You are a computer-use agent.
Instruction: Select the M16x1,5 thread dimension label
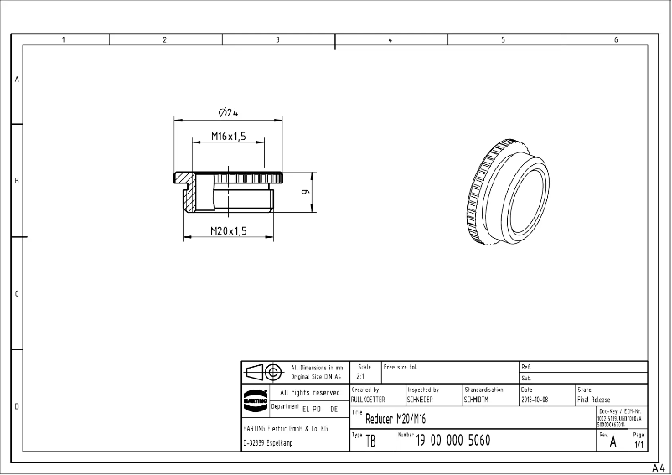point(228,136)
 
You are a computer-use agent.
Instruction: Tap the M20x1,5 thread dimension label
point(228,231)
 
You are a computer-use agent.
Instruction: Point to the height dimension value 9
point(307,193)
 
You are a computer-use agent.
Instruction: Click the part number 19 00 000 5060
point(453,441)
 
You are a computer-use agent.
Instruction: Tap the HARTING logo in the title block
point(256,397)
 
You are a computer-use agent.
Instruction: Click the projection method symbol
point(263,373)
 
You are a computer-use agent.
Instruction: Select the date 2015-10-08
point(535,400)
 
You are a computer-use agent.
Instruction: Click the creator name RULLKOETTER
point(368,400)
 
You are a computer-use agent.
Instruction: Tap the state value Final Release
point(594,400)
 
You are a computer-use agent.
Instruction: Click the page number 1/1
point(639,445)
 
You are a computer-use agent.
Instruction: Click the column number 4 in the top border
point(390,39)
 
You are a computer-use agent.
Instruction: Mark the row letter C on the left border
point(16,294)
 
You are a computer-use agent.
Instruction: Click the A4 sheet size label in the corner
point(659,468)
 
